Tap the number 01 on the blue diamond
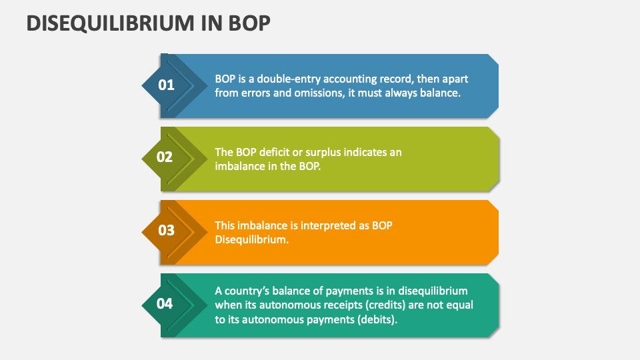(165, 85)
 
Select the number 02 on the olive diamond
(165, 157)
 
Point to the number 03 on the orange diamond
(165, 231)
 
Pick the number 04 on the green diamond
(165, 304)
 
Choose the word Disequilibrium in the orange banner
(251, 239)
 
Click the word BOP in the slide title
(248, 23)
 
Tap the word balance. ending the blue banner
(441, 93)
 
